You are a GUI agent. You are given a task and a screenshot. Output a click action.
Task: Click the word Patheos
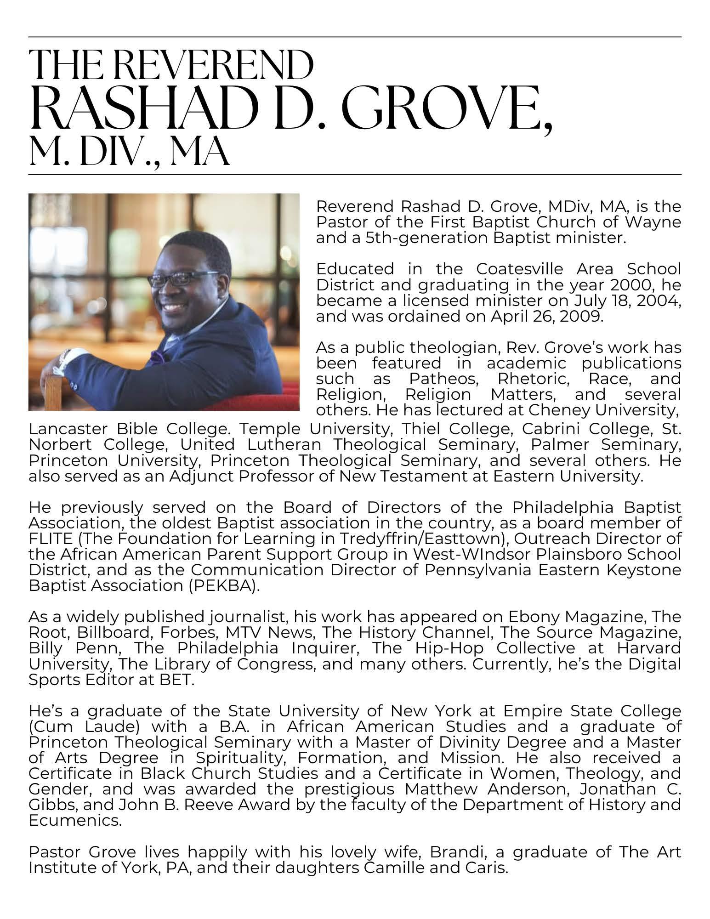[444, 379]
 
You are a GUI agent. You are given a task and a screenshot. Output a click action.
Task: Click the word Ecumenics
[74, 820]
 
